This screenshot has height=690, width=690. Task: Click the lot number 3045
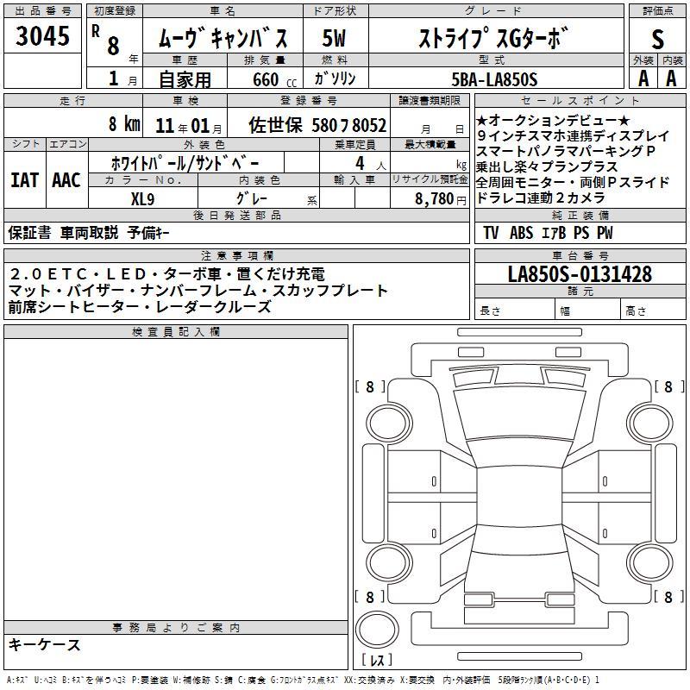[x=42, y=36]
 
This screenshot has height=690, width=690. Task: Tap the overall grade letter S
[x=657, y=39]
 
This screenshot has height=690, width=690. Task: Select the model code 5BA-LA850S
[x=494, y=79]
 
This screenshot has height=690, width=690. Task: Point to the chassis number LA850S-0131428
[x=580, y=274]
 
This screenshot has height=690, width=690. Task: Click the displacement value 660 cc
[x=274, y=79]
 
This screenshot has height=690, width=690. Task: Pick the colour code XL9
[x=142, y=199]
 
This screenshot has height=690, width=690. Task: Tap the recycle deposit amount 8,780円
[x=441, y=199]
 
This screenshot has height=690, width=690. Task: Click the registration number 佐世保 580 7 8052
[x=317, y=125]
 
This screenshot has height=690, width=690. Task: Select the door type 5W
[x=334, y=38]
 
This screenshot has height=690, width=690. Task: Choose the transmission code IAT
[x=25, y=180]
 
